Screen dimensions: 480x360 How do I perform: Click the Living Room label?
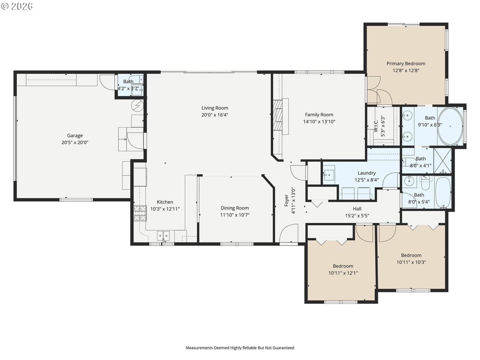click(214, 108)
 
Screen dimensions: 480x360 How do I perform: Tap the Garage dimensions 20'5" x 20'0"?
click(75, 142)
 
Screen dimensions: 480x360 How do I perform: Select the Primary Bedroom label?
click(406, 64)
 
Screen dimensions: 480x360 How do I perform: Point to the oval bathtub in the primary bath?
click(450, 126)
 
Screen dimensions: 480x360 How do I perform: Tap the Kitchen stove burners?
click(140, 213)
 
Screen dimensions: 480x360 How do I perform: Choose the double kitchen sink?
click(163, 236)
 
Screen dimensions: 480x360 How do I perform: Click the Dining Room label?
click(235, 208)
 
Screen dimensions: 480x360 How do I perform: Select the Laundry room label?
click(367, 173)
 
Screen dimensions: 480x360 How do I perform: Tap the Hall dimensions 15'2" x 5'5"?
click(357, 216)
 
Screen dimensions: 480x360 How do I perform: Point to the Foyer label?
click(286, 200)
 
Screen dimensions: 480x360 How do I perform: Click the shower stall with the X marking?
click(442, 161)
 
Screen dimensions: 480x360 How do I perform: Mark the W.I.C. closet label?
click(376, 126)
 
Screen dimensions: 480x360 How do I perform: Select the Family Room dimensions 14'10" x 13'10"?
click(319, 121)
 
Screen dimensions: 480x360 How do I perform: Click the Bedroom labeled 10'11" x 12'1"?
click(343, 269)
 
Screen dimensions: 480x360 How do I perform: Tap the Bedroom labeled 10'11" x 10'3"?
click(411, 259)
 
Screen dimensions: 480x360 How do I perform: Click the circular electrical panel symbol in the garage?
click(137, 106)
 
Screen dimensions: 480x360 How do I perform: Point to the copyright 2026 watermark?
click(17, 6)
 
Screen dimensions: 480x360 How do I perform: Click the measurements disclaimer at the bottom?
click(240, 348)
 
